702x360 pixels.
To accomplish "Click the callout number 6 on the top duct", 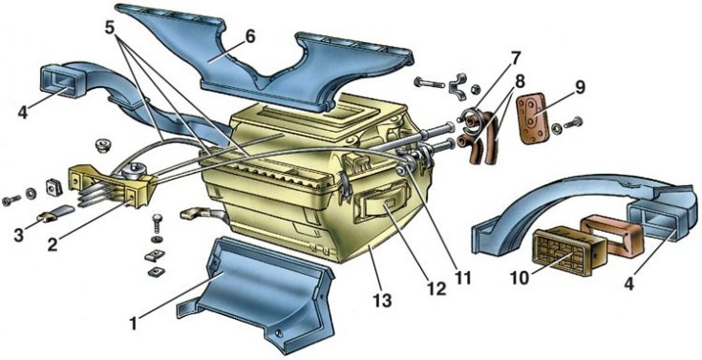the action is click(249, 37).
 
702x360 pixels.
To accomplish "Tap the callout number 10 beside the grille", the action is click(521, 277).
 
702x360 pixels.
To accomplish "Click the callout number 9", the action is click(580, 87).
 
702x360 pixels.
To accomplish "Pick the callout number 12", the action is click(436, 289).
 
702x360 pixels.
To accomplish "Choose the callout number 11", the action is click(463, 279).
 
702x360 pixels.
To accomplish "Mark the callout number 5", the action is click(110, 28).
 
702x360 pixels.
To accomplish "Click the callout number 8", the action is click(521, 81).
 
